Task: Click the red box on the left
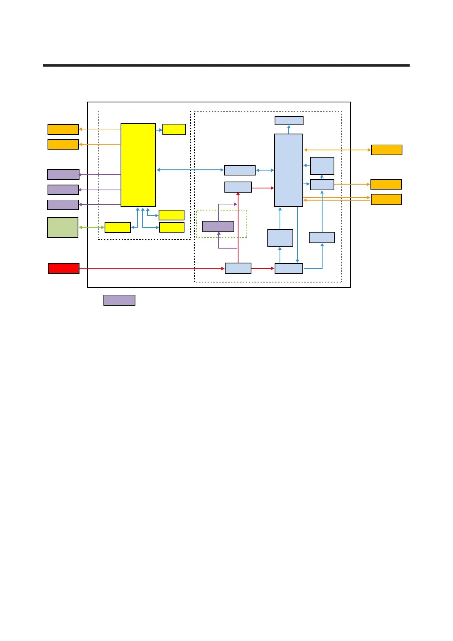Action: click(x=64, y=268)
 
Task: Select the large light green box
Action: click(x=63, y=227)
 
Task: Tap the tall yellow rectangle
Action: click(x=138, y=165)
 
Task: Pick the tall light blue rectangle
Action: click(x=289, y=170)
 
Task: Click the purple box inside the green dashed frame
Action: click(x=218, y=226)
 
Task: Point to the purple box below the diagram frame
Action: click(x=119, y=300)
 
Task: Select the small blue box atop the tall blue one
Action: click(x=289, y=121)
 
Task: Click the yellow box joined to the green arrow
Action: click(x=118, y=227)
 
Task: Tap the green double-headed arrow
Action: click(x=92, y=227)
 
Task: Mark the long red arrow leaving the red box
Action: click(x=152, y=269)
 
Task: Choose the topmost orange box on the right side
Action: click(x=386, y=150)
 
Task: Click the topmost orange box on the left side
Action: click(x=63, y=129)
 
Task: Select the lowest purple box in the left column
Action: click(x=63, y=205)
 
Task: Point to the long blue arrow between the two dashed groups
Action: click(x=190, y=170)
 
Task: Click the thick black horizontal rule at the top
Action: click(x=226, y=65)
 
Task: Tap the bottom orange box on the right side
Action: click(x=386, y=199)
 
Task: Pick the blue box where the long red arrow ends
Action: click(x=238, y=268)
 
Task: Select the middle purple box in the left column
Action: click(x=63, y=190)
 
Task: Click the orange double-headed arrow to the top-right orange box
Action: click(x=337, y=150)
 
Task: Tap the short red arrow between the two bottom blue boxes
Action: click(x=263, y=268)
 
